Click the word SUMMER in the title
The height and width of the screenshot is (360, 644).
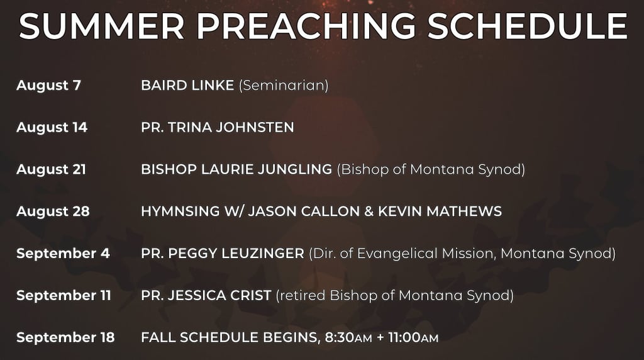101,26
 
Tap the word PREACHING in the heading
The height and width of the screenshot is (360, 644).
306,26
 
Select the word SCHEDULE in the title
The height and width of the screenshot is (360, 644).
528,26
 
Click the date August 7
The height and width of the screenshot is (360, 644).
48,86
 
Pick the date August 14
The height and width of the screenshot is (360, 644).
52,127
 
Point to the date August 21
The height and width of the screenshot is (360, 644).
51,169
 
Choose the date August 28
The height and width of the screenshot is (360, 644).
53,211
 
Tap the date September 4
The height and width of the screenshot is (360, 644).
63,254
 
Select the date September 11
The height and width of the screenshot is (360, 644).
64,295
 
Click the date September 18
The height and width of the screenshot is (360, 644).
65,337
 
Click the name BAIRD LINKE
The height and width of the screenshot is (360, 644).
187,86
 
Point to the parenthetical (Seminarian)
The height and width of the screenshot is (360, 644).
284,86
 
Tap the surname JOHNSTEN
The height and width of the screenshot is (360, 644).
255,127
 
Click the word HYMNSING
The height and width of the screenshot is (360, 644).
180,211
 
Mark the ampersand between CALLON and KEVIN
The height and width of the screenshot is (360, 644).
369,211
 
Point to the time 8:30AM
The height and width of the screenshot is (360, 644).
348,337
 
